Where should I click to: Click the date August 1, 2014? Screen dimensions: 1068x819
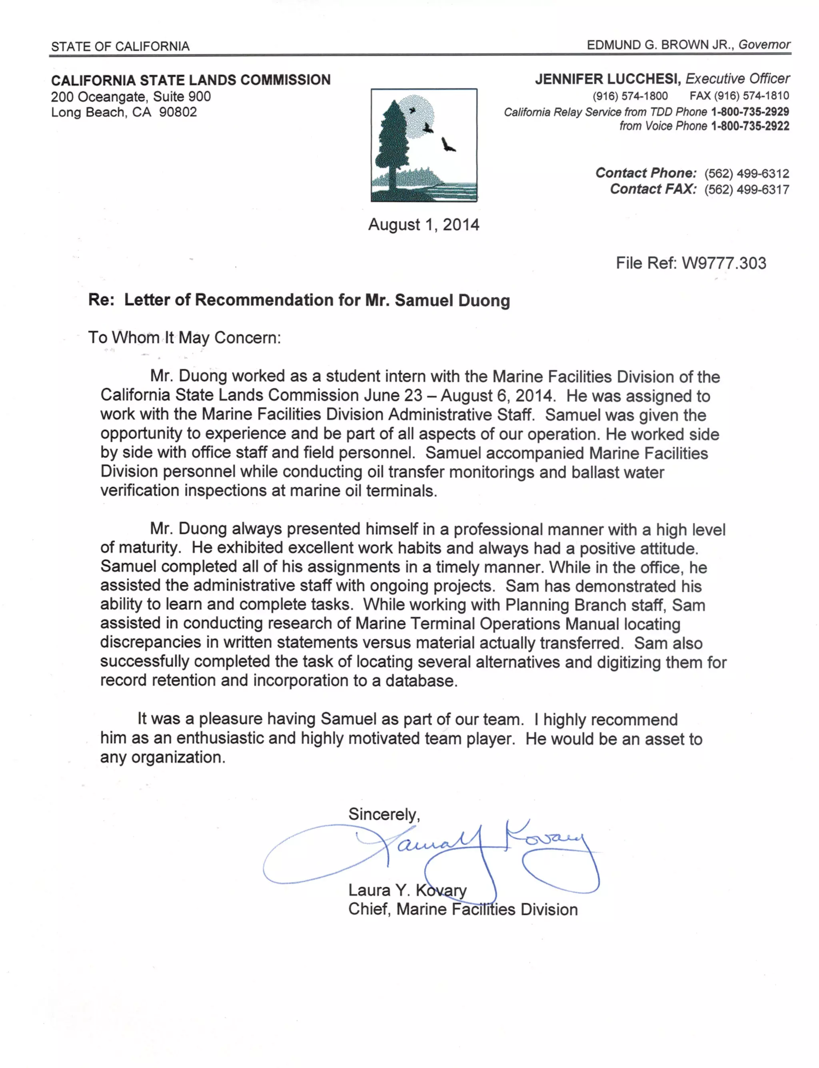(x=423, y=225)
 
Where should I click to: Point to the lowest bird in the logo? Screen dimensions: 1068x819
(x=447, y=145)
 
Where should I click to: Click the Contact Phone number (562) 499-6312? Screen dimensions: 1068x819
(x=746, y=173)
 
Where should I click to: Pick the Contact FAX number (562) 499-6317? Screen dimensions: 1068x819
(x=746, y=189)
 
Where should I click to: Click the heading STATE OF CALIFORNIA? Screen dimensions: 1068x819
(x=120, y=46)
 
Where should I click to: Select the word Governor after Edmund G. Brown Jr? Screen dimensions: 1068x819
(x=764, y=45)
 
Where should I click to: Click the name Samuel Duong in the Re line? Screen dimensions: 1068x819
(x=452, y=300)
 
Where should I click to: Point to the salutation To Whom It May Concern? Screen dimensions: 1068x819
(x=184, y=337)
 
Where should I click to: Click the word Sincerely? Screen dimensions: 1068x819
(x=384, y=814)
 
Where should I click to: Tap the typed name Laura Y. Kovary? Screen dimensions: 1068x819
(x=407, y=890)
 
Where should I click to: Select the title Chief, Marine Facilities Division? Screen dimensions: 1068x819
(x=462, y=909)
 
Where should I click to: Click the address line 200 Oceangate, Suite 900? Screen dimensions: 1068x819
(x=131, y=96)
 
